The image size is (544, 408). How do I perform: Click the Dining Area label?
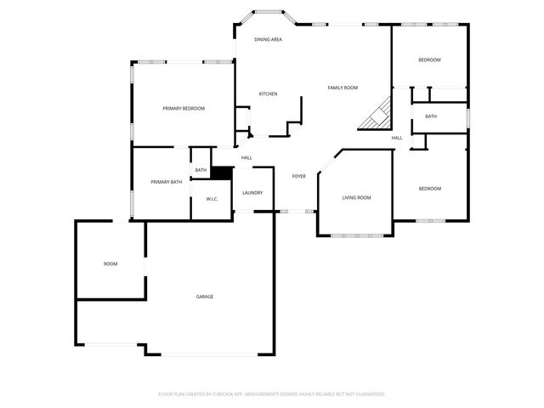coord(269,40)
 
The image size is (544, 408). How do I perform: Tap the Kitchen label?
coord(268,93)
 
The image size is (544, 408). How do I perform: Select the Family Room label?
coord(343,88)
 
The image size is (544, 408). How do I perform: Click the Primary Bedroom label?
coord(184,108)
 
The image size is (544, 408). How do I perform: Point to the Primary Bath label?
coord(166,182)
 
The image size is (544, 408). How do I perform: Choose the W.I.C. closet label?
coord(212,199)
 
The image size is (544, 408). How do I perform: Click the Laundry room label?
coord(252,193)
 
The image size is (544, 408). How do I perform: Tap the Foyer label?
coord(298,176)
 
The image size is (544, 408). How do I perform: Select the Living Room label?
coord(356,197)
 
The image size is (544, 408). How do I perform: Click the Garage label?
coord(205,297)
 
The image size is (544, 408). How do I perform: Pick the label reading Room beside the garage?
coord(110,263)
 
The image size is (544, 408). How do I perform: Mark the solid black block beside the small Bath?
coord(222,173)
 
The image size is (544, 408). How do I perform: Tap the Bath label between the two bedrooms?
coord(431,116)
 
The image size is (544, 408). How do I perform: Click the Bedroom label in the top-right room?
coord(429,59)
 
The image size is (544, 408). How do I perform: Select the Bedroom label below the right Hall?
coord(429,188)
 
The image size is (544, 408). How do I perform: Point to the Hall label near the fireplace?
coord(397,138)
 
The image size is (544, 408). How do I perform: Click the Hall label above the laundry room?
coord(246,157)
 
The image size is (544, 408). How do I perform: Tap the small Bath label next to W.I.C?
coord(201,170)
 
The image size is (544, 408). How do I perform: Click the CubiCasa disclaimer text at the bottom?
coord(272,394)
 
